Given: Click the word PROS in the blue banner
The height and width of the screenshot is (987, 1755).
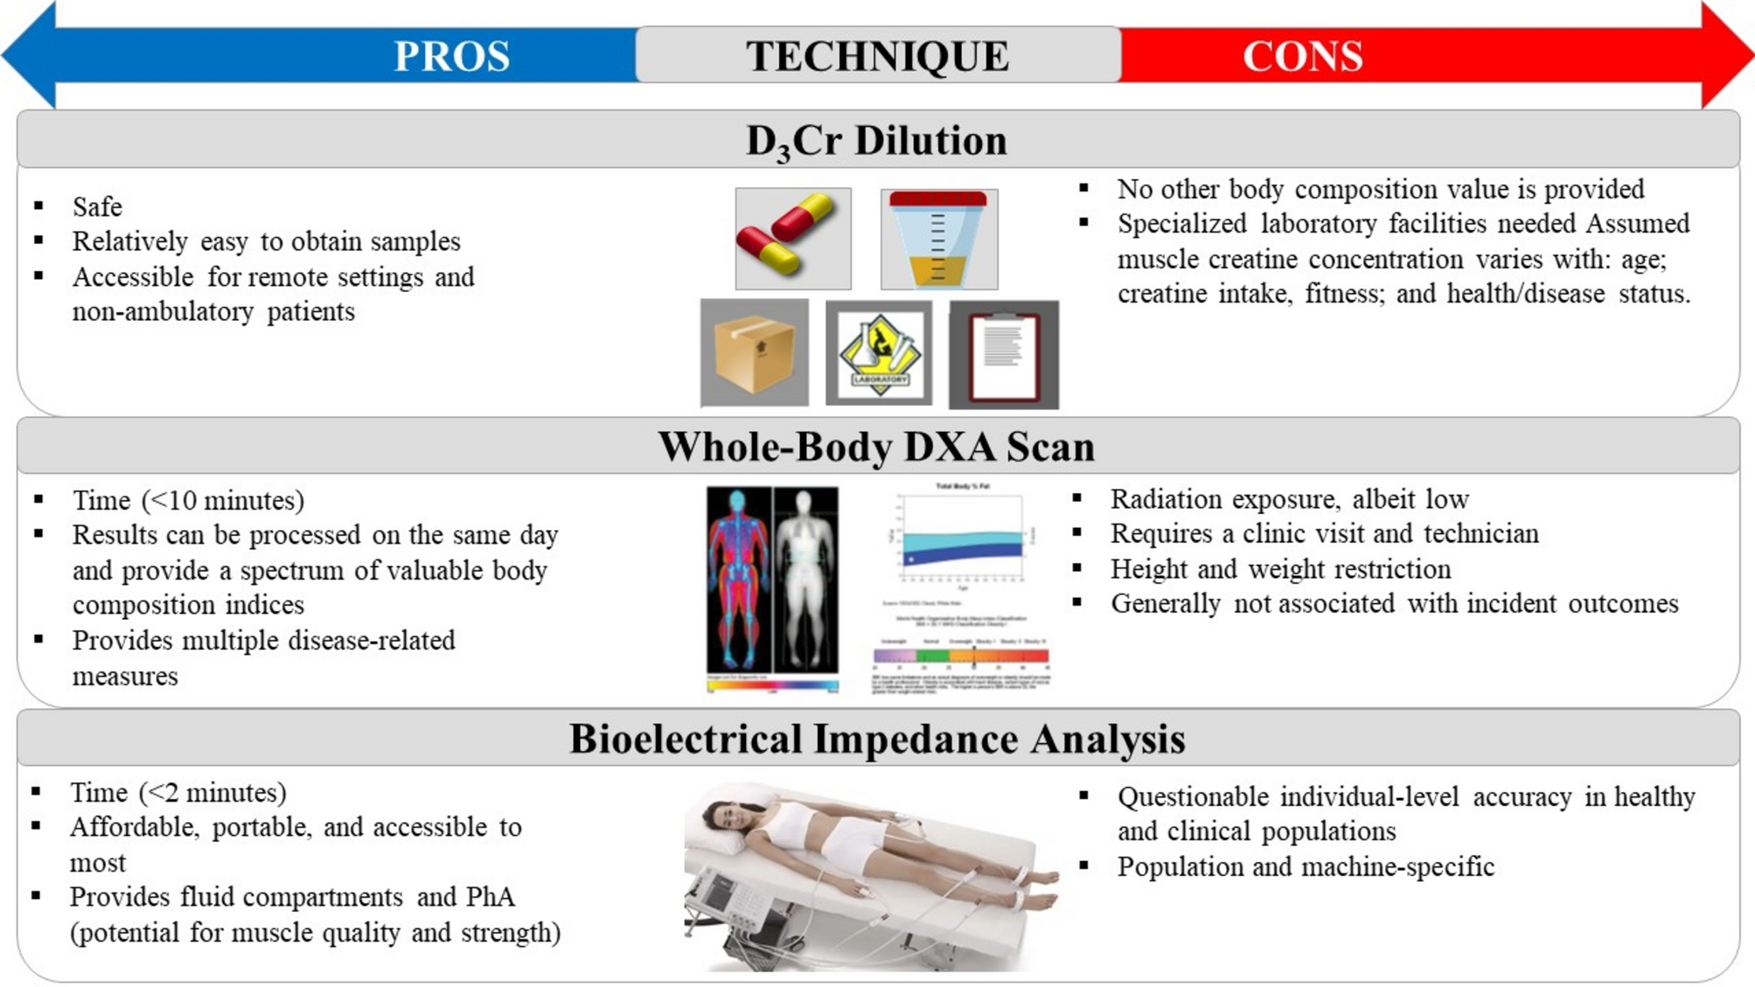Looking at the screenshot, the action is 451,56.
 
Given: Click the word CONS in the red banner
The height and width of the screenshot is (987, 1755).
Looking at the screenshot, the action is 1302,56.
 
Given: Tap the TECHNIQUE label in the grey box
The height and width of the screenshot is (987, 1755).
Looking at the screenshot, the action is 877,56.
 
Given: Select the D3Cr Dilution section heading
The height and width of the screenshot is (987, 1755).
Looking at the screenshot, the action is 876,141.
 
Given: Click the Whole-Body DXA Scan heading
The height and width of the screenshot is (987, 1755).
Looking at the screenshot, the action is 876,447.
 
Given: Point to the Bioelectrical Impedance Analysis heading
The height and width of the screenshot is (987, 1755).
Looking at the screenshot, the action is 877,739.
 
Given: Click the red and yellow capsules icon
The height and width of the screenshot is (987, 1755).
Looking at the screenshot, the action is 792,238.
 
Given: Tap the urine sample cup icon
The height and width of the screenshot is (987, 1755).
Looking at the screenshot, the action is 938,239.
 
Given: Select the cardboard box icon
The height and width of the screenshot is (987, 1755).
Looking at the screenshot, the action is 754,353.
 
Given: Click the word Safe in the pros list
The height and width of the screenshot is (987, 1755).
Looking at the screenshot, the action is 97,207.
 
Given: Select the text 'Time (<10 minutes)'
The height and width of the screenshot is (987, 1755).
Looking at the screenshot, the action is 188,501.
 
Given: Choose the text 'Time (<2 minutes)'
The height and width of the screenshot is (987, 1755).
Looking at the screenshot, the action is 178,793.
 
